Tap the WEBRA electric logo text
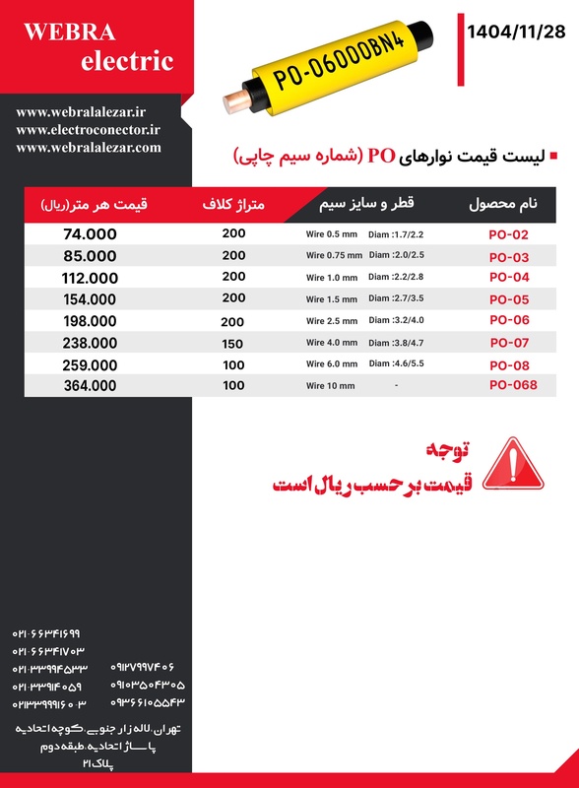97,46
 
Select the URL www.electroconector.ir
88,129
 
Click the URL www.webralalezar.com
88,147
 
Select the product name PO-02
509,235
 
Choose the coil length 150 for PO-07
233,343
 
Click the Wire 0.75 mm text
334,256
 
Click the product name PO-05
509,299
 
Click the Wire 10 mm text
330,386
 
